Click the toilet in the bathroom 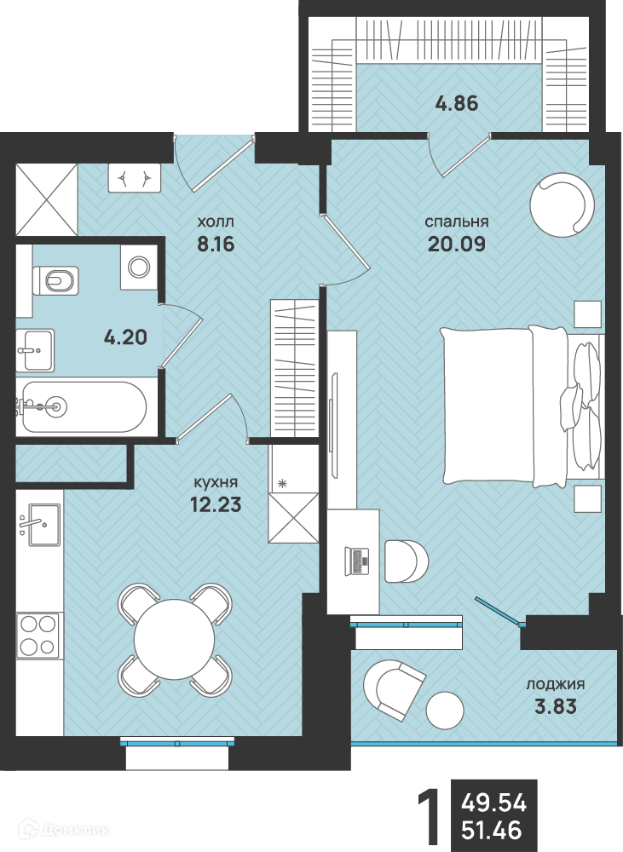[x=55, y=280]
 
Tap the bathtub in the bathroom [x=82, y=406]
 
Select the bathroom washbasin [x=35, y=350]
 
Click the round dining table [x=175, y=639]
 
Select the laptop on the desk [x=356, y=561]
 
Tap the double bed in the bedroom [x=522, y=406]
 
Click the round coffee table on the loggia [x=445, y=711]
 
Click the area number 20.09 [x=457, y=244]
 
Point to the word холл [x=216, y=222]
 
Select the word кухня [x=216, y=482]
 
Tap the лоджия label [x=555, y=685]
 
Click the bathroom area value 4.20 [x=125, y=337]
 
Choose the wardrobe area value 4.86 [x=457, y=103]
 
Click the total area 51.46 [x=492, y=830]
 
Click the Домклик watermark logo [x=64, y=830]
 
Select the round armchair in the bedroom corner [x=562, y=204]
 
